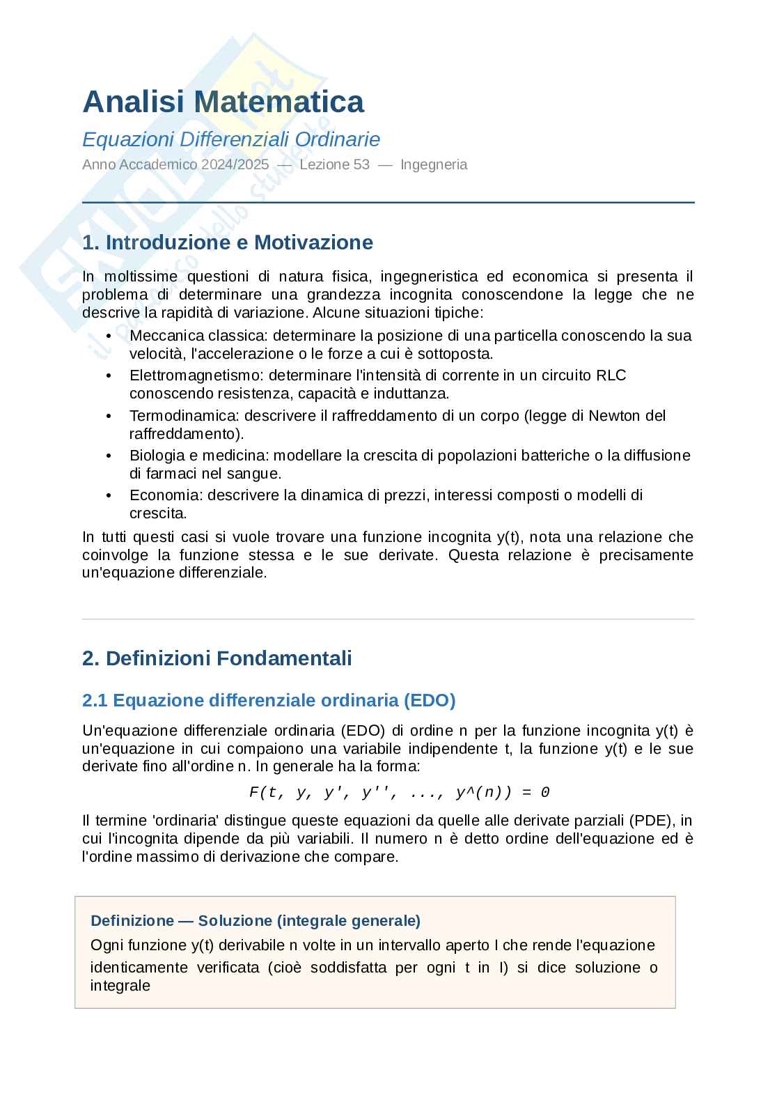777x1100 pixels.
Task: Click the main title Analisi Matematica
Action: tap(223, 102)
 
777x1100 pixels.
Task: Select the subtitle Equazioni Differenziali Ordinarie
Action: tap(231, 139)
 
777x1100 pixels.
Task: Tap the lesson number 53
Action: tap(361, 165)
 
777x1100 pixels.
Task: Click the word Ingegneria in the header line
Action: tap(434, 165)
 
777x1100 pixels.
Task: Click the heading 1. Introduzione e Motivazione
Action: tap(228, 242)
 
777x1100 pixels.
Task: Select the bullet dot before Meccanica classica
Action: tap(109, 336)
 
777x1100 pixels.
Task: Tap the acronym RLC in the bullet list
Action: tap(611, 375)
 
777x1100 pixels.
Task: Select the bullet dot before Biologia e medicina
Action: tap(109, 456)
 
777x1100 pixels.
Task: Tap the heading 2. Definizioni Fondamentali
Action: tap(217, 658)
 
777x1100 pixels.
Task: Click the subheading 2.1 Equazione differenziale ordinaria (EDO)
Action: tap(269, 700)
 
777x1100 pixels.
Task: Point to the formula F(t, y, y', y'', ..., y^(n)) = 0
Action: tap(400, 793)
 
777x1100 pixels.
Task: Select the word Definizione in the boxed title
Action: tap(132, 921)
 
